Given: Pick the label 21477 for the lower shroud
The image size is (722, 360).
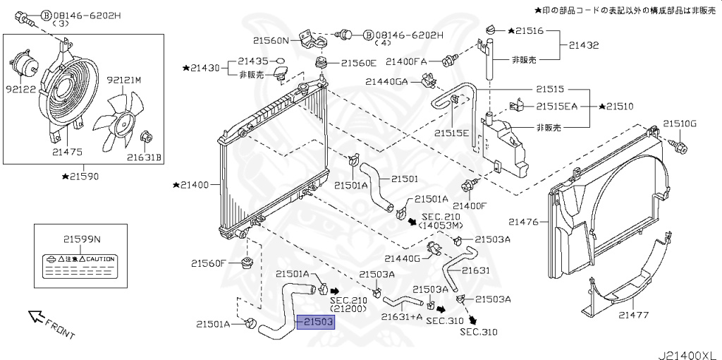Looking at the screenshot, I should pyautogui.click(x=632, y=315).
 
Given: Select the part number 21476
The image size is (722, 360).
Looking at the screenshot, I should pyautogui.click(x=524, y=222).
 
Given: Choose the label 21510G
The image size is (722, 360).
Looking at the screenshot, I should pyautogui.click(x=679, y=124).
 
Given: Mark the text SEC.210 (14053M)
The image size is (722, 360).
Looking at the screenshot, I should pyautogui.click(x=441, y=221).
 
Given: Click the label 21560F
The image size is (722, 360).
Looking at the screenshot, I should pyautogui.click(x=208, y=263).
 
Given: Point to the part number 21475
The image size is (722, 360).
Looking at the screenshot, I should pyautogui.click(x=67, y=151).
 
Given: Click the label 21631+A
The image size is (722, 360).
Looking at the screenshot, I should pyautogui.click(x=401, y=317).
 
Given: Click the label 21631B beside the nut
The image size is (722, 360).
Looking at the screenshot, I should pyautogui.click(x=145, y=157).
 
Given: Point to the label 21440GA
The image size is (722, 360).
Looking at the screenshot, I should pyautogui.click(x=386, y=81).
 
